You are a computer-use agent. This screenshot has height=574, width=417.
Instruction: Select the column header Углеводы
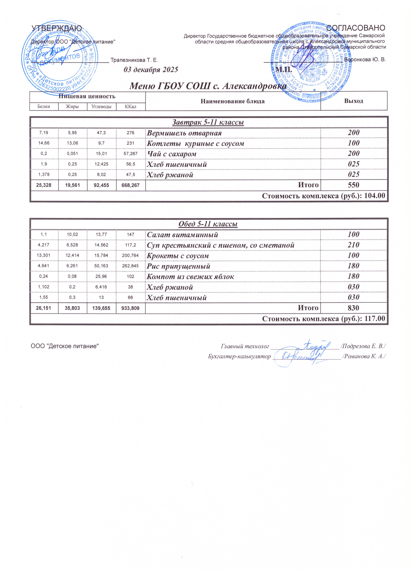[x=101, y=107]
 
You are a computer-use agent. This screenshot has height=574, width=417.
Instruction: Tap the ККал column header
[x=131, y=107]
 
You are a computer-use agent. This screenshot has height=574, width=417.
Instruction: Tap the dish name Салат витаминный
[x=183, y=235]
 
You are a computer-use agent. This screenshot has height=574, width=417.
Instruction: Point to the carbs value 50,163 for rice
[x=101, y=266]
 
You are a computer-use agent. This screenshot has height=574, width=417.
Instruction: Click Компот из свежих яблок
[x=190, y=277]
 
